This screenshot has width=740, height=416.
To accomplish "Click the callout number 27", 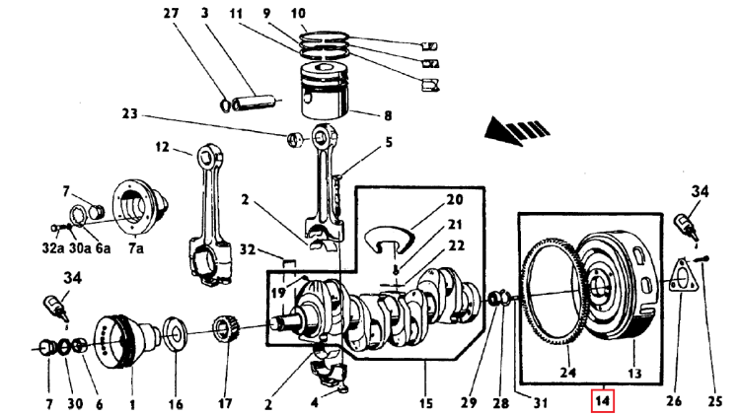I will (171, 14).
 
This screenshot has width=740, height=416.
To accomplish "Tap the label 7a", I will (134, 250).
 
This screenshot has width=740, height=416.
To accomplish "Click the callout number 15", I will (426, 402).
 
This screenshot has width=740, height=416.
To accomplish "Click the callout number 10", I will (298, 14).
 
